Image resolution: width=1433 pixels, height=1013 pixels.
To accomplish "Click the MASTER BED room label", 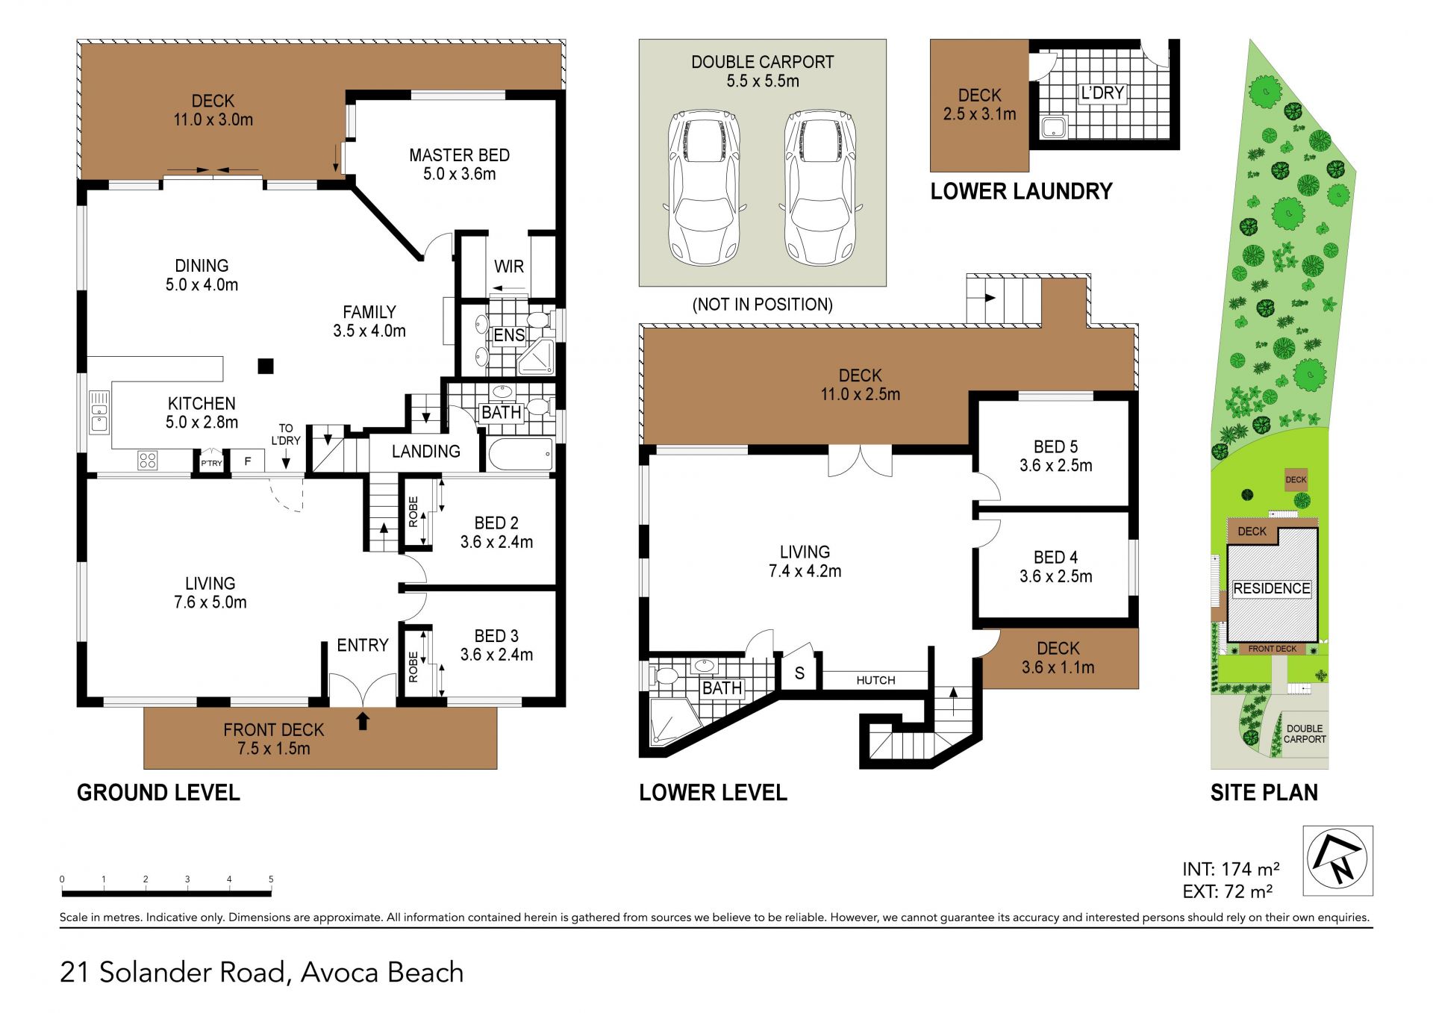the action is pos(459,155).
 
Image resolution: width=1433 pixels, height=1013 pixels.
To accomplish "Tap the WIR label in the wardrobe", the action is pos(509,267).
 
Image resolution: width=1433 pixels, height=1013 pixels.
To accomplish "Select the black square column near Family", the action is pos(266,366).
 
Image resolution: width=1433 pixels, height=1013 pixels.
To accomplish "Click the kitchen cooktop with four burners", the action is pos(148,460).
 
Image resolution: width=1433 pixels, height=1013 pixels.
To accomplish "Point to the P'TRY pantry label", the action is pos(211,463).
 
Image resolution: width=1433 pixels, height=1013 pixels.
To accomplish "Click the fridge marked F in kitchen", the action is pos(248,461).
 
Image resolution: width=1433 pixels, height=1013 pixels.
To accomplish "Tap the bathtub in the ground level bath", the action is pos(520,454).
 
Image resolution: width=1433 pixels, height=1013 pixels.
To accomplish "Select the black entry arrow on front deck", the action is pos(363,720).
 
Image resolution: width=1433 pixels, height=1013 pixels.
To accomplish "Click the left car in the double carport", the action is pos(704,187).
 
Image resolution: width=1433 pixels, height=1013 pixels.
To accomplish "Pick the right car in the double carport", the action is pos(821,187).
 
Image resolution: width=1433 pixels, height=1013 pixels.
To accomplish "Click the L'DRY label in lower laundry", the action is pos(1102,93).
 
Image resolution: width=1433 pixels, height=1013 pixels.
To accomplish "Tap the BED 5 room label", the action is pos(1056,446).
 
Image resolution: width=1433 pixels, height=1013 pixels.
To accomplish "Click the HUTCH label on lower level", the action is pos(875,680).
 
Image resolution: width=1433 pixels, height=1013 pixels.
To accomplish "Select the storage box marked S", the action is pos(799,673).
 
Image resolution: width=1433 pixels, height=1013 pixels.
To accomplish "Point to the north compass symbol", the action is pos(1337,861).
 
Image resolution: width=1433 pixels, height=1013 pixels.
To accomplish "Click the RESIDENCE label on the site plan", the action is pos(1272,588).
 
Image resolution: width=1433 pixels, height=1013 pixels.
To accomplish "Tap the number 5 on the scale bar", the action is pos(271,879).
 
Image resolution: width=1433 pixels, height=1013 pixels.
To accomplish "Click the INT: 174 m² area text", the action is pos(1231,869).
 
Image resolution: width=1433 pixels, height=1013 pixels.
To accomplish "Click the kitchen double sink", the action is pos(99,413).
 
